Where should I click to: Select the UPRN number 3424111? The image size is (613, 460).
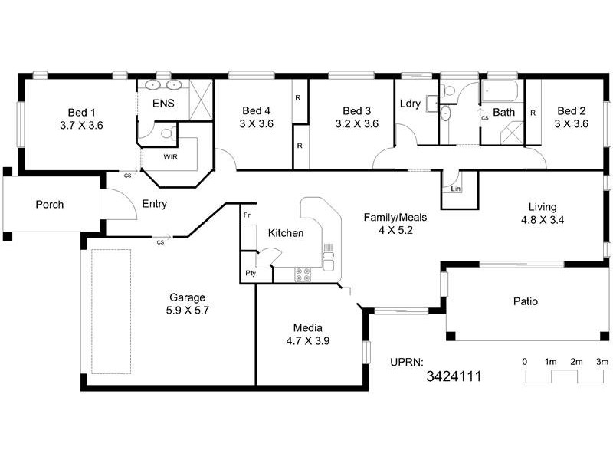coord(454,376)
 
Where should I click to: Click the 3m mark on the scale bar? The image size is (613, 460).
coord(602,361)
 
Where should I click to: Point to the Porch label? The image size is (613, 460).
coord(49,205)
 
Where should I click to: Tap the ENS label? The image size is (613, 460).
coord(162,103)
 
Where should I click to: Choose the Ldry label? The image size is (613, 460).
coord(410,104)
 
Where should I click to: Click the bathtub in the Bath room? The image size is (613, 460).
coord(500,93)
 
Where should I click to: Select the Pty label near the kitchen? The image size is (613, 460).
coord(250,273)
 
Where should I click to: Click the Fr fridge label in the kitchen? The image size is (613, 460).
coord(247,216)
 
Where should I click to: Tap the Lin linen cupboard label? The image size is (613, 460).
coord(455,188)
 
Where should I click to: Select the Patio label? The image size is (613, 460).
coord(525,301)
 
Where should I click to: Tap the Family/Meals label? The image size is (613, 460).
coord(395,217)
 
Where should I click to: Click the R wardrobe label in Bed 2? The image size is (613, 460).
coord(533,113)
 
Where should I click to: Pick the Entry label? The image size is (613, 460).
coord(154,205)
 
